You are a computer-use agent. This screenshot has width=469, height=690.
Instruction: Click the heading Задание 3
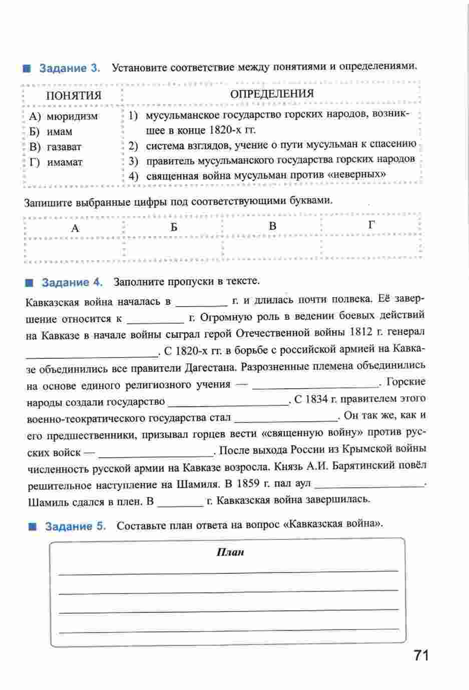pyautogui.click(x=70, y=68)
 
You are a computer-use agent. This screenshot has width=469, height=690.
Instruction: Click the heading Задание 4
pyautogui.click(x=72, y=282)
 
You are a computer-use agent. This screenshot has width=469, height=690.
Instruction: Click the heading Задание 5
pyautogui.click(x=76, y=526)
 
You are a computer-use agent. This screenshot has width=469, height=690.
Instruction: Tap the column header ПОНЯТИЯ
pyautogui.click(x=73, y=96)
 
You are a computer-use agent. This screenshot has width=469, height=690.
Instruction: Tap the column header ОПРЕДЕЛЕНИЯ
pyautogui.click(x=272, y=94)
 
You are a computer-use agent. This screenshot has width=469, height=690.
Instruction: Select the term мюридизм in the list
pyautogui.click(x=72, y=117)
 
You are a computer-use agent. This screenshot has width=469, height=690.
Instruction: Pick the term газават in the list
pyautogui.click(x=64, y=147)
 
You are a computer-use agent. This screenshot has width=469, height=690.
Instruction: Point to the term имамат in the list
pyautogui.click(x=65, y=162)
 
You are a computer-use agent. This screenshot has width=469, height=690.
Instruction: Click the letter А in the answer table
pyautogui.click(x=75, y=228)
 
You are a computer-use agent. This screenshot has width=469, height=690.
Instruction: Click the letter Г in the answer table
pyautogui.click(x=371, y=225)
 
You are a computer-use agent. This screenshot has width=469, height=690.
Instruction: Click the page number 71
pyautogui.click(x=421, y=655)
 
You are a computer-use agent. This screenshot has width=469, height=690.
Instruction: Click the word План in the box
pyautogui.click(x=230, y=552)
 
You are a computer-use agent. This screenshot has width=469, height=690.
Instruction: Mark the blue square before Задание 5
pyautogui.click(x=34, y=527)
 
